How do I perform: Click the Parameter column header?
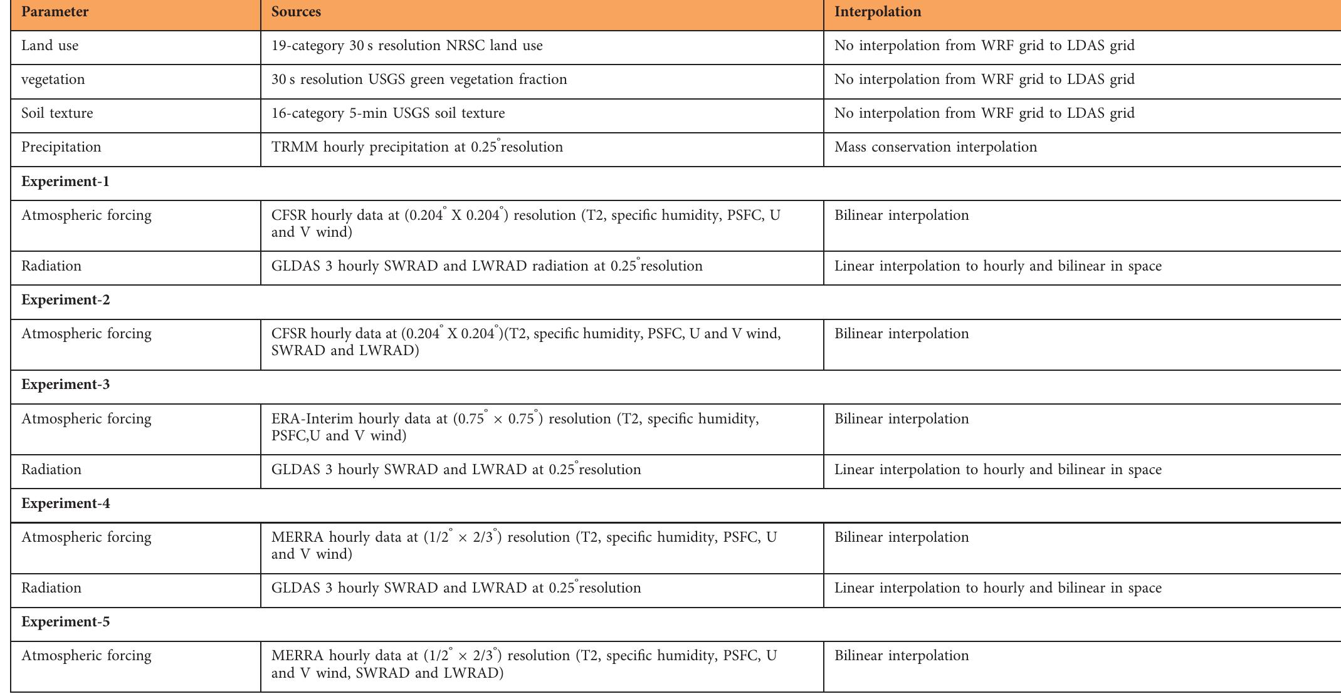pos(55,12)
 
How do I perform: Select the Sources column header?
pos(296,12)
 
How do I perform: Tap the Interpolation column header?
pos(878,12)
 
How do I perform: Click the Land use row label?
pos(50,46)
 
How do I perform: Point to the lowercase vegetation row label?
pos(53,80)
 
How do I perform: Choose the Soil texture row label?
pos(57,113)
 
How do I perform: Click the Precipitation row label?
pos(61,147)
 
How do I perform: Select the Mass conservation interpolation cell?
pos(935,147)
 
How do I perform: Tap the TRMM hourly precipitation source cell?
pos(417,147)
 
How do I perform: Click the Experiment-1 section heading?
pos(65,182)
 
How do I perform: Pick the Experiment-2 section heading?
pos(65,300)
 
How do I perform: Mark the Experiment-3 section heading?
pos(65,385)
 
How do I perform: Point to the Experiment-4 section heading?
pos(65,504)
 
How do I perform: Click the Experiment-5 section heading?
pos(65,622)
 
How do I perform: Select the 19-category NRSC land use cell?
pos(407,46)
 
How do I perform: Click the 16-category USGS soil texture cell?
pos(388,113)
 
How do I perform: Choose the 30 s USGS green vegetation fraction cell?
pos(419,80)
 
